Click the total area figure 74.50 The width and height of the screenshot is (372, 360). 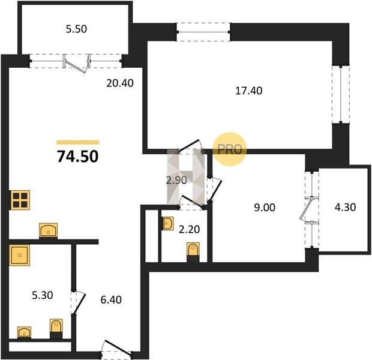tap(78, 157)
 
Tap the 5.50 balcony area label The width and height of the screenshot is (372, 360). tap(76, 29)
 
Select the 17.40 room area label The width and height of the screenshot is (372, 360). tap(248, 91)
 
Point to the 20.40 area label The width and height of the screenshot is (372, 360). tap(120, 83)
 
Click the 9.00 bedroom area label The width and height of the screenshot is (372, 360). tap(265, 208)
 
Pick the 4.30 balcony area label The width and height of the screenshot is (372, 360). tap(345, 207)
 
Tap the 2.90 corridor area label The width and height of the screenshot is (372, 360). tap(176, 181)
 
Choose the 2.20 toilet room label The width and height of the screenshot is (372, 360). tap(189, 229)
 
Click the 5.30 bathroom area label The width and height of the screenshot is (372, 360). tap(43, 295)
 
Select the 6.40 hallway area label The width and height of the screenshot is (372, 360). tap(111, 300)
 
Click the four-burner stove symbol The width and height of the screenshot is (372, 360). tap(20, 200)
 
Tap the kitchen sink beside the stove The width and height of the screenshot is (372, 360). tap(49, 230)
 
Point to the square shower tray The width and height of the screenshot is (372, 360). tap(20, 256)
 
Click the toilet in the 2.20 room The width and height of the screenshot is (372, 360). tap(193, 252)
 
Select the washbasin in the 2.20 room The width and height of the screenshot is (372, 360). tap(167, 223)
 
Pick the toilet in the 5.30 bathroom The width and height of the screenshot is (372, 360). tap(56, 329)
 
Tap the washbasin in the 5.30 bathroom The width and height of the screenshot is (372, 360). tap(24, 332)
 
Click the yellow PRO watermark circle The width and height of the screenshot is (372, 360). tap(229, 149)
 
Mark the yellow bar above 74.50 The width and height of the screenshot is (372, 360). tap(77, 142)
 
